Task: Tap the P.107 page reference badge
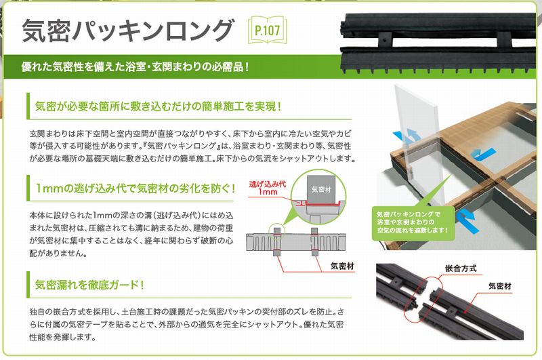268,31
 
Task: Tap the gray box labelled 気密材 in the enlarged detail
318,191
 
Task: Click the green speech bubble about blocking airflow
413,224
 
